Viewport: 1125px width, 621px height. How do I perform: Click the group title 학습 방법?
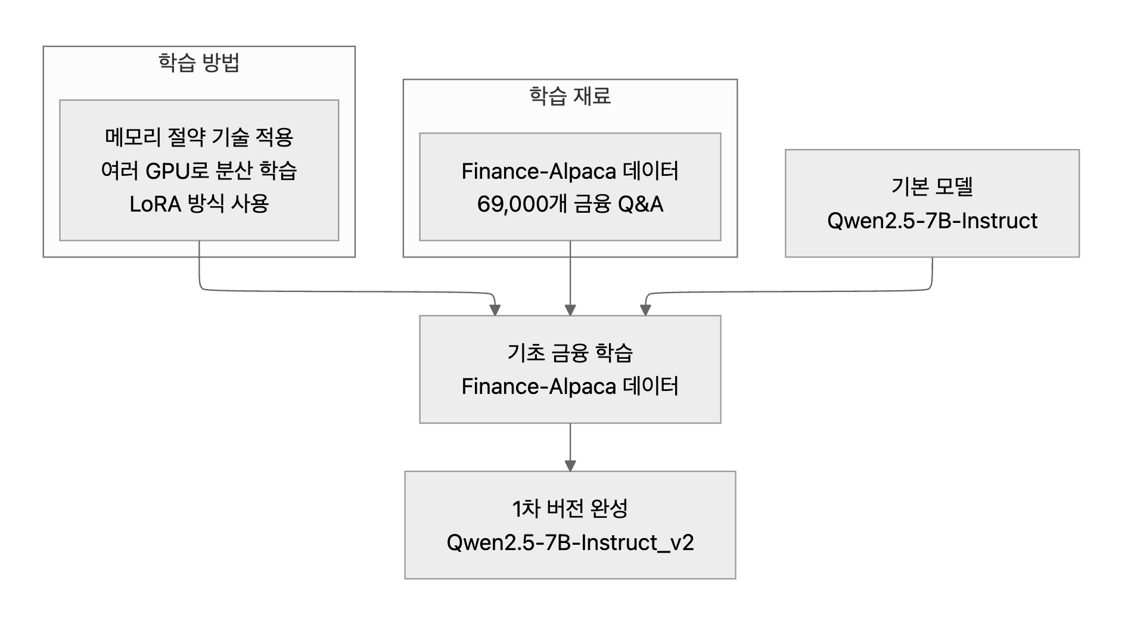click(199, 63)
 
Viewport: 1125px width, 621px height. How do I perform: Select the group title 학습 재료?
click(570, 96)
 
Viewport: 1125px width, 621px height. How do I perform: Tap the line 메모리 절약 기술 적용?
click(199, 138)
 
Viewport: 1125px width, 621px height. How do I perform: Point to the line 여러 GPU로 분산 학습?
click(199, 171)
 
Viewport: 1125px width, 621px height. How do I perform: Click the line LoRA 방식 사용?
click(199, 204)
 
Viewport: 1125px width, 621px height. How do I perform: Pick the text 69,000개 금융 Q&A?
click(570, 204)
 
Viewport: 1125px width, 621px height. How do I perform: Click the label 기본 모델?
click(932, 187)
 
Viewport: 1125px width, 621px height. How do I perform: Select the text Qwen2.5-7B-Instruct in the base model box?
click(932, 221)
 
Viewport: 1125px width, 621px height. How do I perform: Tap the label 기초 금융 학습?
click(570, 353)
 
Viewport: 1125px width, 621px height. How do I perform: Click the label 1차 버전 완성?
click(570, 508)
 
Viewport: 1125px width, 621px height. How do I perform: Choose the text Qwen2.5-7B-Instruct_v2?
click(570, 543)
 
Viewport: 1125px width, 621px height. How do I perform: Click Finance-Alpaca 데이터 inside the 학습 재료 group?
click(570, 172)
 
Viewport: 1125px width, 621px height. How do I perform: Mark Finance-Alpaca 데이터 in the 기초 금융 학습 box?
click(570, 387)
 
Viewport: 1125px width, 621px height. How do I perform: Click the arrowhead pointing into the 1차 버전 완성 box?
click(570, 465)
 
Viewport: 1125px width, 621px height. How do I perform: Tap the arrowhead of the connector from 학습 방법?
click(495, 310)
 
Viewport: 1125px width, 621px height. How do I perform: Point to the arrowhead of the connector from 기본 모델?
click(645, 310)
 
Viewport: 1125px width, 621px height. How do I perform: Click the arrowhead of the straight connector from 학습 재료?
click(570, 310)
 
